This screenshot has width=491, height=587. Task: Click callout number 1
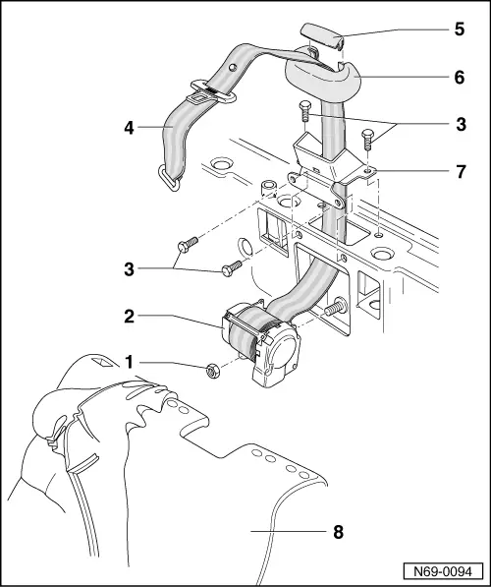tap(127, 363)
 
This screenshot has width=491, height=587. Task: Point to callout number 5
tap(459, 29)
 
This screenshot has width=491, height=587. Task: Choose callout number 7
tap(459, 171)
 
